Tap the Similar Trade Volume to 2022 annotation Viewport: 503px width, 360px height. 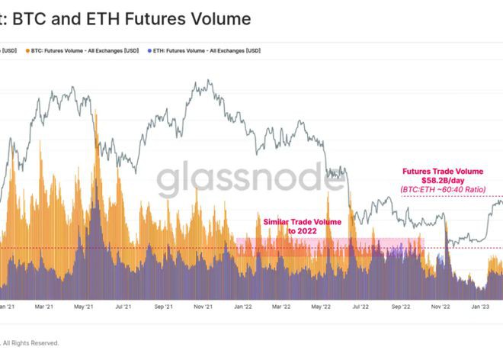pos(302,226)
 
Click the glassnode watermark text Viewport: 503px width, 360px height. pos(251,182)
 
